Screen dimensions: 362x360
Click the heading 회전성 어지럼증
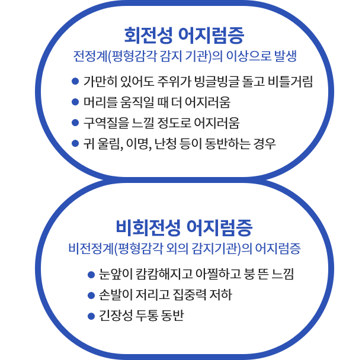tap(184, 36)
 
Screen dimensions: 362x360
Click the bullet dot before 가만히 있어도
tap(75, 81)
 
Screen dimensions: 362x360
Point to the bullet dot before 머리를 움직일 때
tap(75, 102)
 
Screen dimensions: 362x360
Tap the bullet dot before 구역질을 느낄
tap(75, 123)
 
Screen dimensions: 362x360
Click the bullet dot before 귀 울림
tap(75, 143)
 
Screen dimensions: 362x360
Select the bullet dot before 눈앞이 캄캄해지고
tap(91, 274)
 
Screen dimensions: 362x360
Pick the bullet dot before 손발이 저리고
tap(91, 295)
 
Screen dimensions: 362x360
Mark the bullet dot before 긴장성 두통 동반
tap(91, 316)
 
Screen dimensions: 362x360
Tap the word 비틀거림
tap(290, 81)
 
